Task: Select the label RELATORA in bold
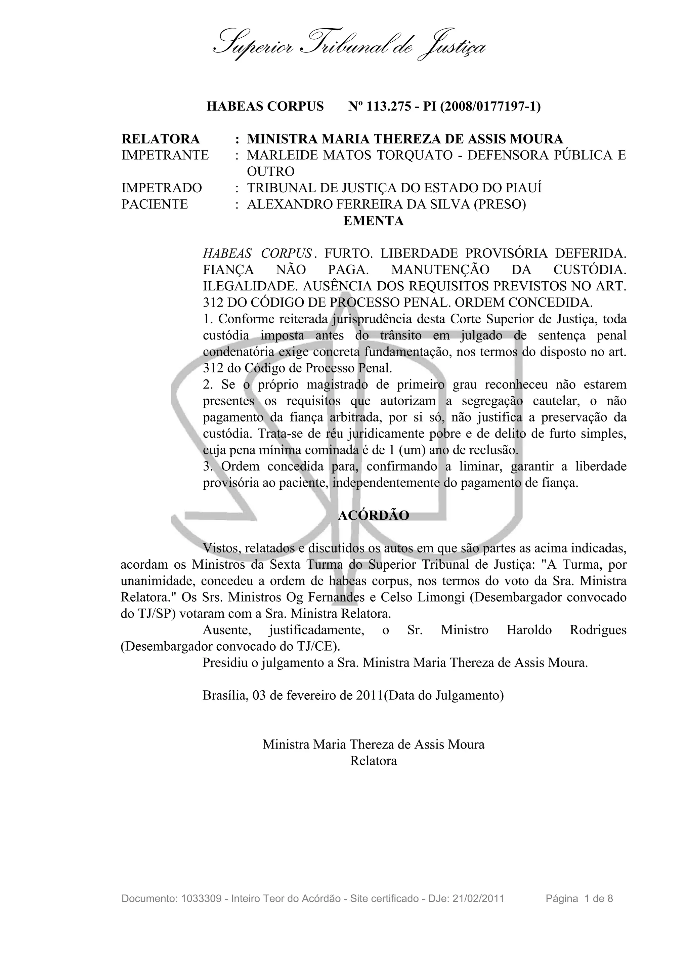[160, 139]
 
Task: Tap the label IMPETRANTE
[165, 155]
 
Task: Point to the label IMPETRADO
[162, 188]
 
